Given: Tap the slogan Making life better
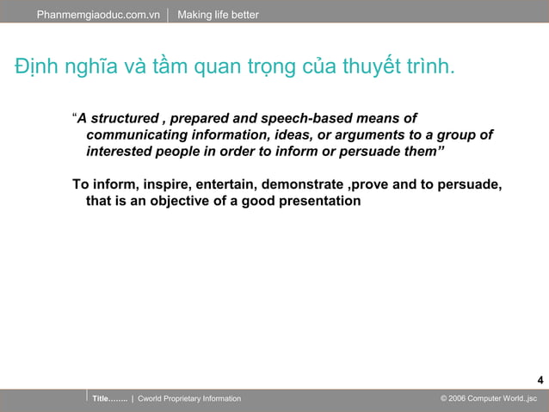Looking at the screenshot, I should click(218, 15).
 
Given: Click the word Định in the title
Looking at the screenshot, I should click(35, 67).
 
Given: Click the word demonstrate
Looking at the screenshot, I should click(301, 184).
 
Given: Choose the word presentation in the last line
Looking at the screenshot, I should click(317, 201).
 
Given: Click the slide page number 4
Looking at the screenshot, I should click(540, 380).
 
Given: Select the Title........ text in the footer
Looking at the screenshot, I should click(109, 399).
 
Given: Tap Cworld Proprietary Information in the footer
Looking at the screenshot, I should click(189, 399).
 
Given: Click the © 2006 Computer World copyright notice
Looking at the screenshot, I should click(488, 399).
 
